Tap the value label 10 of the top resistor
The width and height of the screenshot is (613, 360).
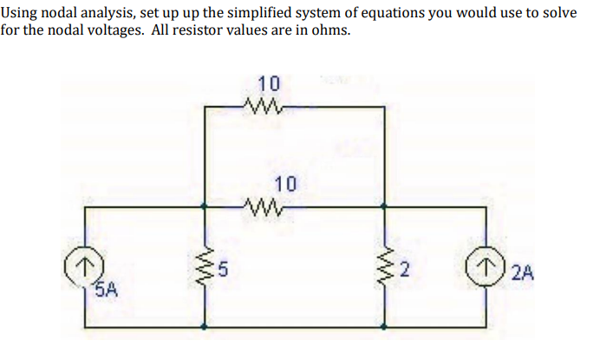[x=269, y=85]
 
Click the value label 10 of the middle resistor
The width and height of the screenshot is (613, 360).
[x=284, y=184]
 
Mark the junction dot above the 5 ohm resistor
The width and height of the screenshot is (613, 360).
[x=205, y=207]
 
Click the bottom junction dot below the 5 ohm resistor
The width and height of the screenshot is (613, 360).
[x=205, y=327]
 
